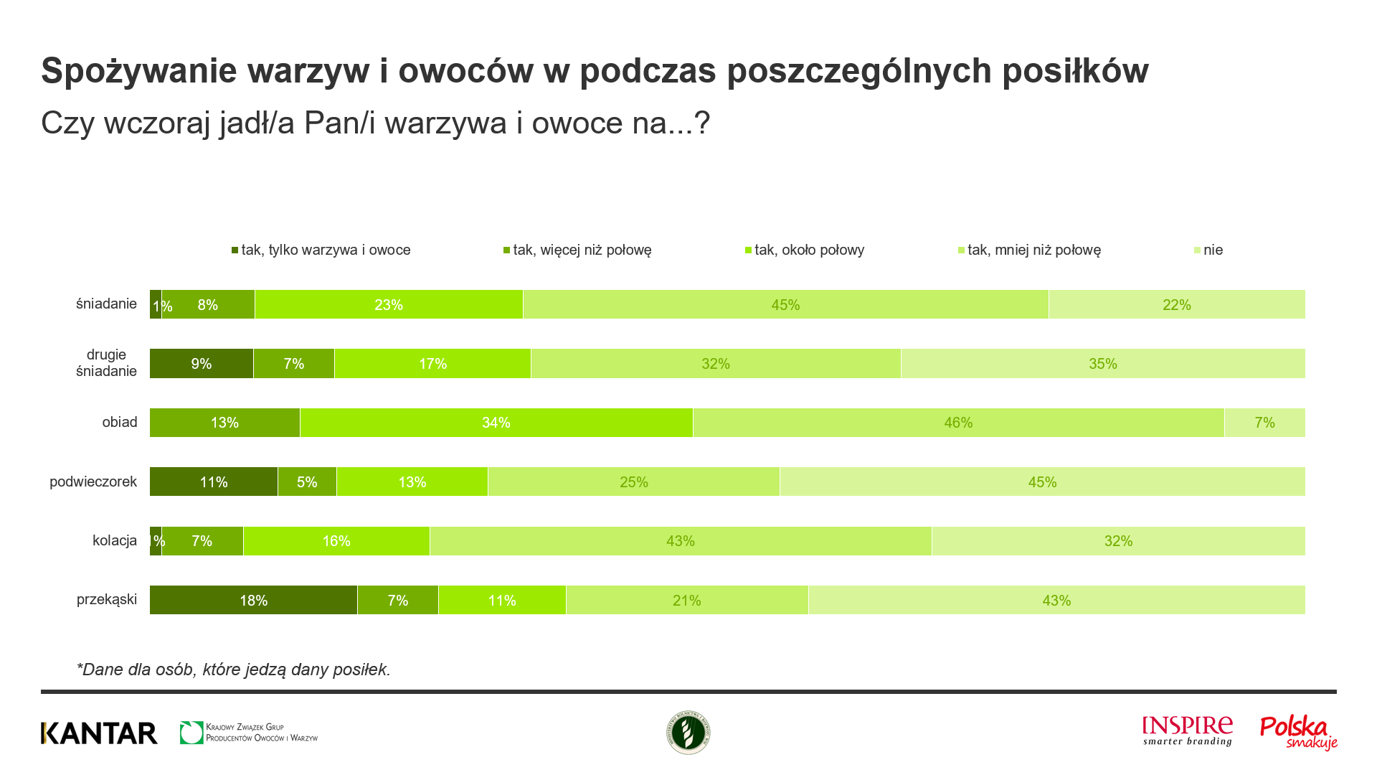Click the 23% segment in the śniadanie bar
pyautogui.click(x=389, y=304)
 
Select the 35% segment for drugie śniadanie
pyautogui.click(x=1103, y=364)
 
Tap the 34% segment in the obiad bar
pyautogui.click(x=496, y=423)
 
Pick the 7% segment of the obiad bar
pyautogui.click(x=1264, y=423)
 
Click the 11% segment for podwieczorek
pyautogui.click(x=214, y=482)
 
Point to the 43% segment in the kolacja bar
pyautogui.click(x=681, y=541)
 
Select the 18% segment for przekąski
pyautogui.click(x=253, y=600)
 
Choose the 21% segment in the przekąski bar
pyautogui.click(x=687, y=600)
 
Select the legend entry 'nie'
pyautogui.click(x=1209, y=250)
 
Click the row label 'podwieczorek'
pyautogui.click(x=93, y=482)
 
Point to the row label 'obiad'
pyautogui.click(x=119, y=422)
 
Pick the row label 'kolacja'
pyautogui.click(x=115, y=540)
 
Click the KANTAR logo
pyautogui.click(x=99, y=733)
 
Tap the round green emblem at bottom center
pyautogui.click(x=688, y=733)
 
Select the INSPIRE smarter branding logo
pyautogui.click(x=1188, y=731)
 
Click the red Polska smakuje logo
pyautogui.click(x=1298, y=733)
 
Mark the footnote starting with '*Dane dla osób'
pyautogui.click(x=234, y=670)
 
